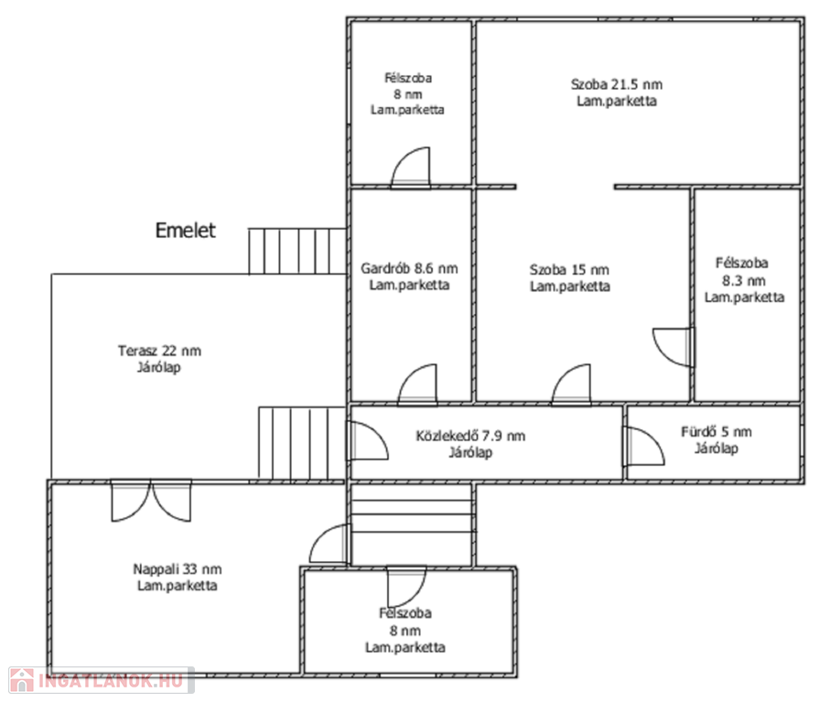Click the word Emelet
(185, 231)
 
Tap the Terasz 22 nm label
(159, 351)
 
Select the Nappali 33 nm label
(178, 569)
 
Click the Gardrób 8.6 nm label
(409, 269)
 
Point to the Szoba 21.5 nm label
(617, 84)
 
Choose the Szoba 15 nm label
(569, 270)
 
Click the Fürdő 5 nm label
(716, 432)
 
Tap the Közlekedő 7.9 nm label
(470, 436)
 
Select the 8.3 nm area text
(744, 281)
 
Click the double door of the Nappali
(151, 501)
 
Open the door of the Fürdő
(643, 446)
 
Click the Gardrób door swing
(417, 384)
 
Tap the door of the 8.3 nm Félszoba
(674, 347)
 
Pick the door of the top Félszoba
(411, 168)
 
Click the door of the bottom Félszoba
(406, 587)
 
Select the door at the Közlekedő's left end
(369, 440)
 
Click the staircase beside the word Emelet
(297, 251)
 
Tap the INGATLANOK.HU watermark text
(111, 680)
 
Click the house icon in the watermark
(22, 680)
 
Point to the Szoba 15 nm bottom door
(572, 384)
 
